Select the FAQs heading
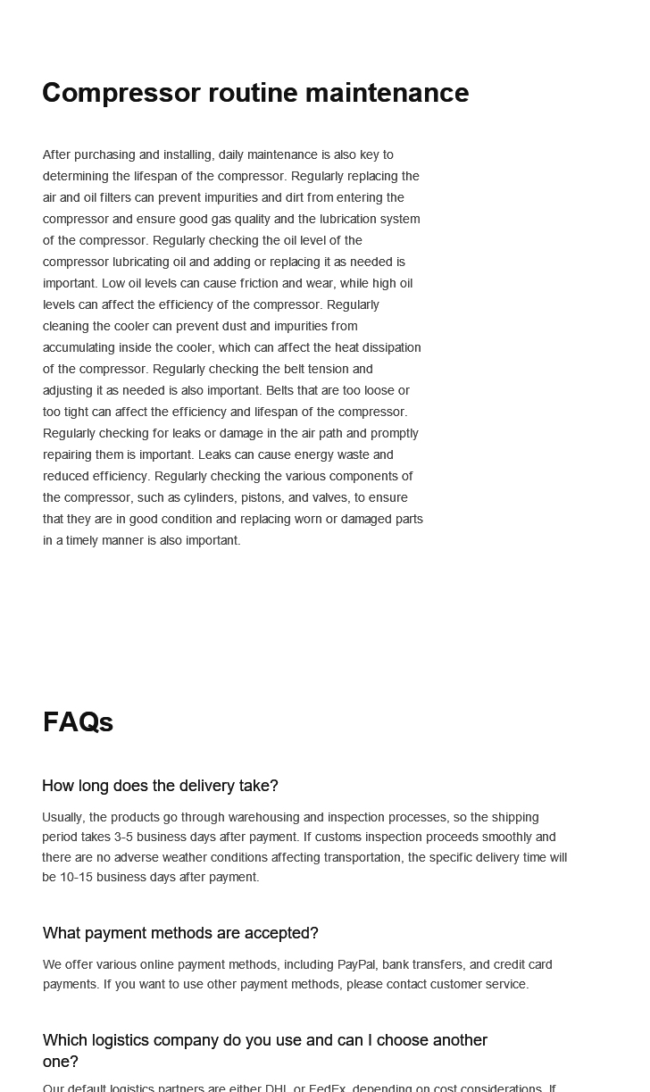click(78, 721)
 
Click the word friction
click(260, 283)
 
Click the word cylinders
click(209, 497)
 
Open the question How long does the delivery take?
click(160, 786)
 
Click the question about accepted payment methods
click(180, 933)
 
